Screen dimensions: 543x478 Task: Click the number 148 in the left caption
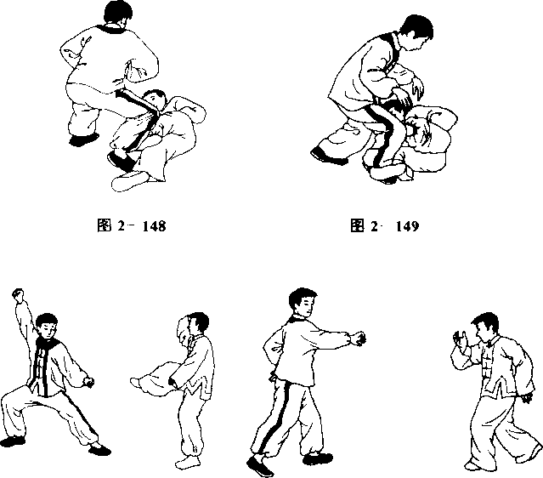point(154,226)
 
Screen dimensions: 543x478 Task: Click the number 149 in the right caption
point(407,226)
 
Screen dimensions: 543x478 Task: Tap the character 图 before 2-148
point(105,225)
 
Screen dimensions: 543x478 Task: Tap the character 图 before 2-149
point(357,225)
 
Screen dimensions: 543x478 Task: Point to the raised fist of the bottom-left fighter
point(18,293)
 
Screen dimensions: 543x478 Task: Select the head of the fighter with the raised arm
point(47,326)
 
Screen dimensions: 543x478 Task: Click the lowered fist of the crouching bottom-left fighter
point(88,382)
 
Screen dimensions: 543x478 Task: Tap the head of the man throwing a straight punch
point(303,303)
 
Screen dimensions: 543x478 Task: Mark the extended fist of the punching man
point(359,339)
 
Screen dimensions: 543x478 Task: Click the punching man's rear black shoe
point(260,466)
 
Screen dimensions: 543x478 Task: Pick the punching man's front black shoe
point(318,458)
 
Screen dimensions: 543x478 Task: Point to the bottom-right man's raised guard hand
point(461,339)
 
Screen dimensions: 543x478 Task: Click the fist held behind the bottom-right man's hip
point(526,398)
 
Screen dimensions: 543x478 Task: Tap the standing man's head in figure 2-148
point(117,13)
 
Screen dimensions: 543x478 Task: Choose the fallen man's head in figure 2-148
point(155,100)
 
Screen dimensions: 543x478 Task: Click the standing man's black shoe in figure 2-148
point(84,139)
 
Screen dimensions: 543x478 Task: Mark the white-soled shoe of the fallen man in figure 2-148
point(130,180)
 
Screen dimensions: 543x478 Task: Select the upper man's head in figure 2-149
point(417,31)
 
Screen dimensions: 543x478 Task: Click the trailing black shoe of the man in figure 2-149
point(328,156)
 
